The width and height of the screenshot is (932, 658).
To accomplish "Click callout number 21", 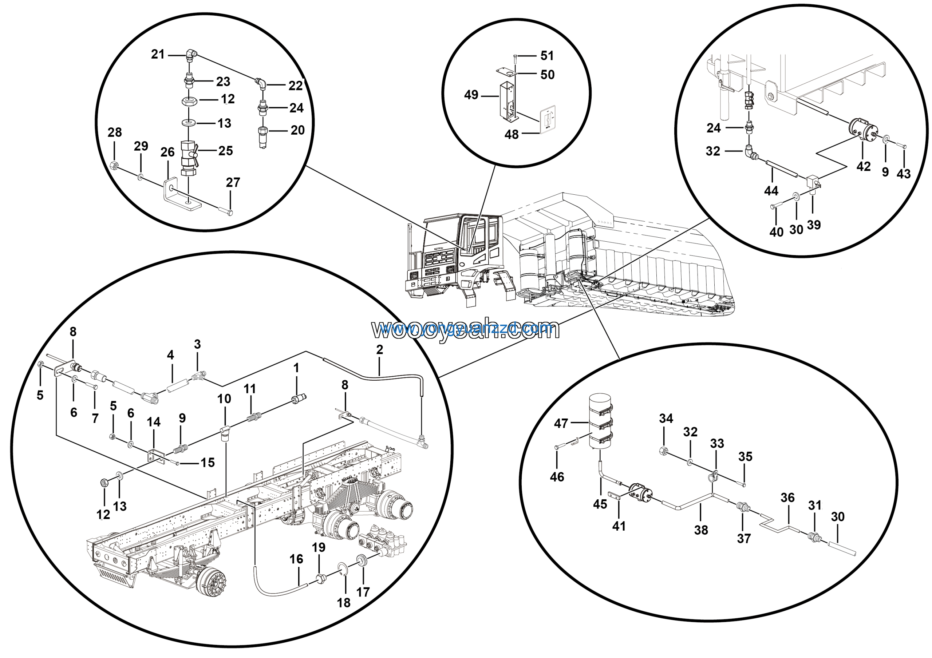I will [158, 54].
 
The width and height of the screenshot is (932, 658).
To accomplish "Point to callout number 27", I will [233, 183].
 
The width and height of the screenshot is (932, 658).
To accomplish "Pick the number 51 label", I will [547, 56].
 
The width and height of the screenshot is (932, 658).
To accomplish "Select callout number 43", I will [904, 174].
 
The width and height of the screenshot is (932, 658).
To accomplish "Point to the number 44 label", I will [771, 191].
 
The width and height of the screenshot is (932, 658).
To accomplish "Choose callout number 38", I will [701, 530].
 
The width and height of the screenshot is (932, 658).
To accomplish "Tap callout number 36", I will [787, 498].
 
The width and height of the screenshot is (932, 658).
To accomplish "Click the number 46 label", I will [557, 477].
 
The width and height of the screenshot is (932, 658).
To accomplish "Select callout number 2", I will [380, 350].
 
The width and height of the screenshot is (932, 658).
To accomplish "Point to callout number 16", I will [296, 559].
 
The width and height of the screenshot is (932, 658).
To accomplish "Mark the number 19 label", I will [319, 547].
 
